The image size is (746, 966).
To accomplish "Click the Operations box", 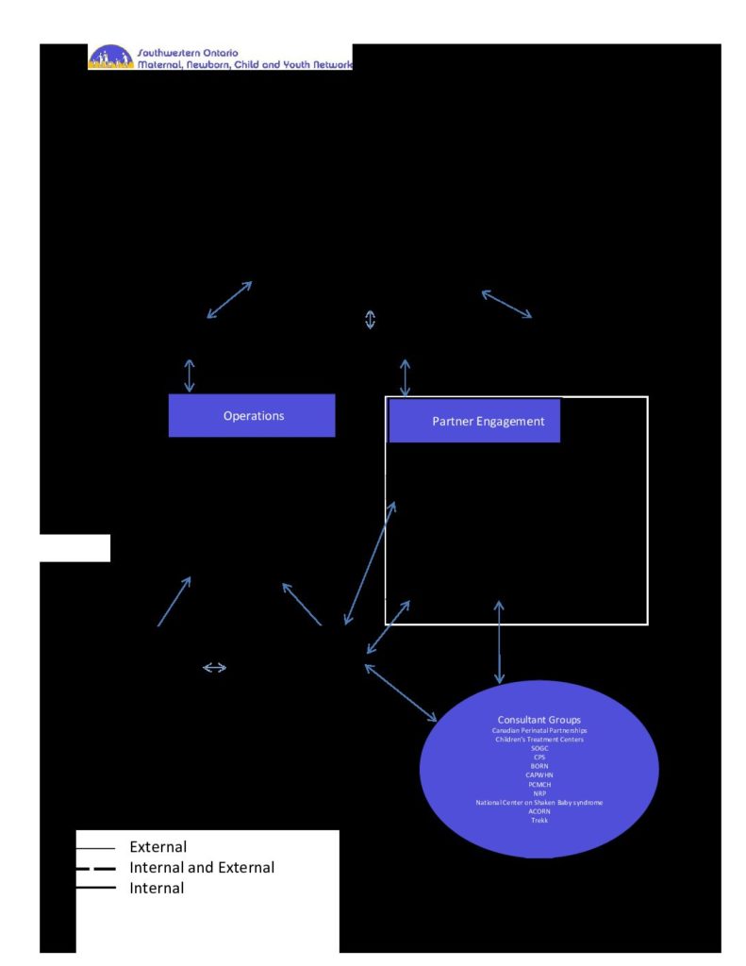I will click(x=252, y=416).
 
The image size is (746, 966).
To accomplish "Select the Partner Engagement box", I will click(x=474, y=421).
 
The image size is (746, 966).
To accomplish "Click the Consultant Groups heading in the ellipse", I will click(x=539, y=721).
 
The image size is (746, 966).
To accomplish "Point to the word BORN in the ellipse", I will click(x=539, y=766).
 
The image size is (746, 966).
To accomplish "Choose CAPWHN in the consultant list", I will click(x=539, y=775).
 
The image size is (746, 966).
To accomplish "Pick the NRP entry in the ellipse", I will click(x=539, y=793).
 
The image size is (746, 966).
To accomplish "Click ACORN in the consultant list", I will click(x=539, y=811).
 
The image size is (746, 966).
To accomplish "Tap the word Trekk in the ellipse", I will click(x=539, y=820).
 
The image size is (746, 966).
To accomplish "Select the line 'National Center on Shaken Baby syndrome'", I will click(x=539, y=802).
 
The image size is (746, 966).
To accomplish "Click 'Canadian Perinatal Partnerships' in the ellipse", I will click(x=539, y=731).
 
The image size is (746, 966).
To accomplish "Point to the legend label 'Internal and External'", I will click(x=202, y=867).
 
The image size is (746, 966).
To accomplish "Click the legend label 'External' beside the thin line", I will click(x=157, y=847).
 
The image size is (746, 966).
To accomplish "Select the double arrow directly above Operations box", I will click(x=190, y=375).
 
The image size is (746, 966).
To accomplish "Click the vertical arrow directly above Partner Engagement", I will click(x=406, y=377).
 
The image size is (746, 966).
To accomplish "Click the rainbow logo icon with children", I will click(x=110, y=58).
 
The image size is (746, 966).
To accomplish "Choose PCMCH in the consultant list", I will click(x=539, y=784).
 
